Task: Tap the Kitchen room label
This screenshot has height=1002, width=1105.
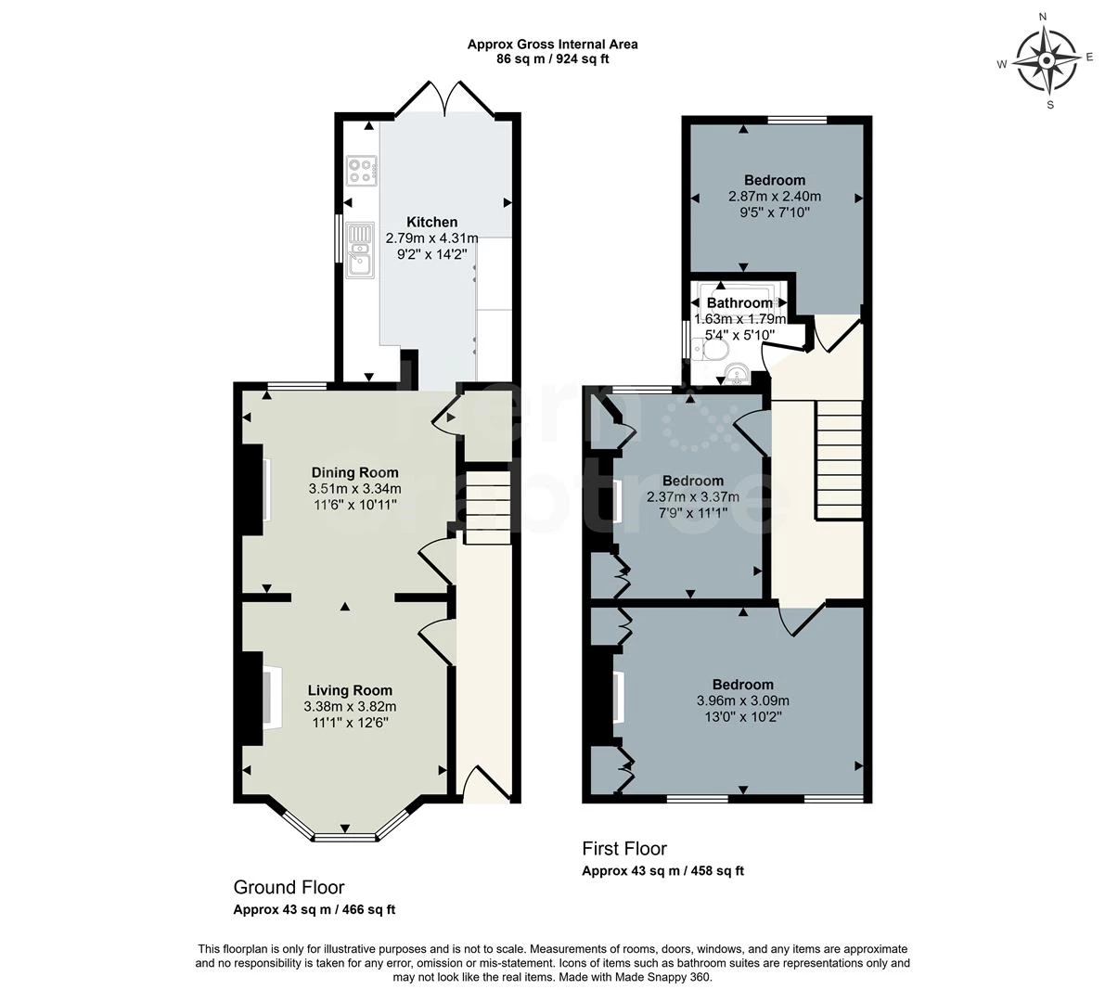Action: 432,223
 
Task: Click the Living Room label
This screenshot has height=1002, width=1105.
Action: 350,690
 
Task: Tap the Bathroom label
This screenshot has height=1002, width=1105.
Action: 739,303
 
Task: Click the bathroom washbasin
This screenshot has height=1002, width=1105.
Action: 737,375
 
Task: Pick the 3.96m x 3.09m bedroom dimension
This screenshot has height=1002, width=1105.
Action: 743,700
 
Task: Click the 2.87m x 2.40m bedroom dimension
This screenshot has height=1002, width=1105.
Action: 775,197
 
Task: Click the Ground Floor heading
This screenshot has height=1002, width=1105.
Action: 289,887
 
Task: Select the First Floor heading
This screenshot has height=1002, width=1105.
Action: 624,848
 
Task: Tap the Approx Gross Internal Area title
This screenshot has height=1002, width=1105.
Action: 552,44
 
